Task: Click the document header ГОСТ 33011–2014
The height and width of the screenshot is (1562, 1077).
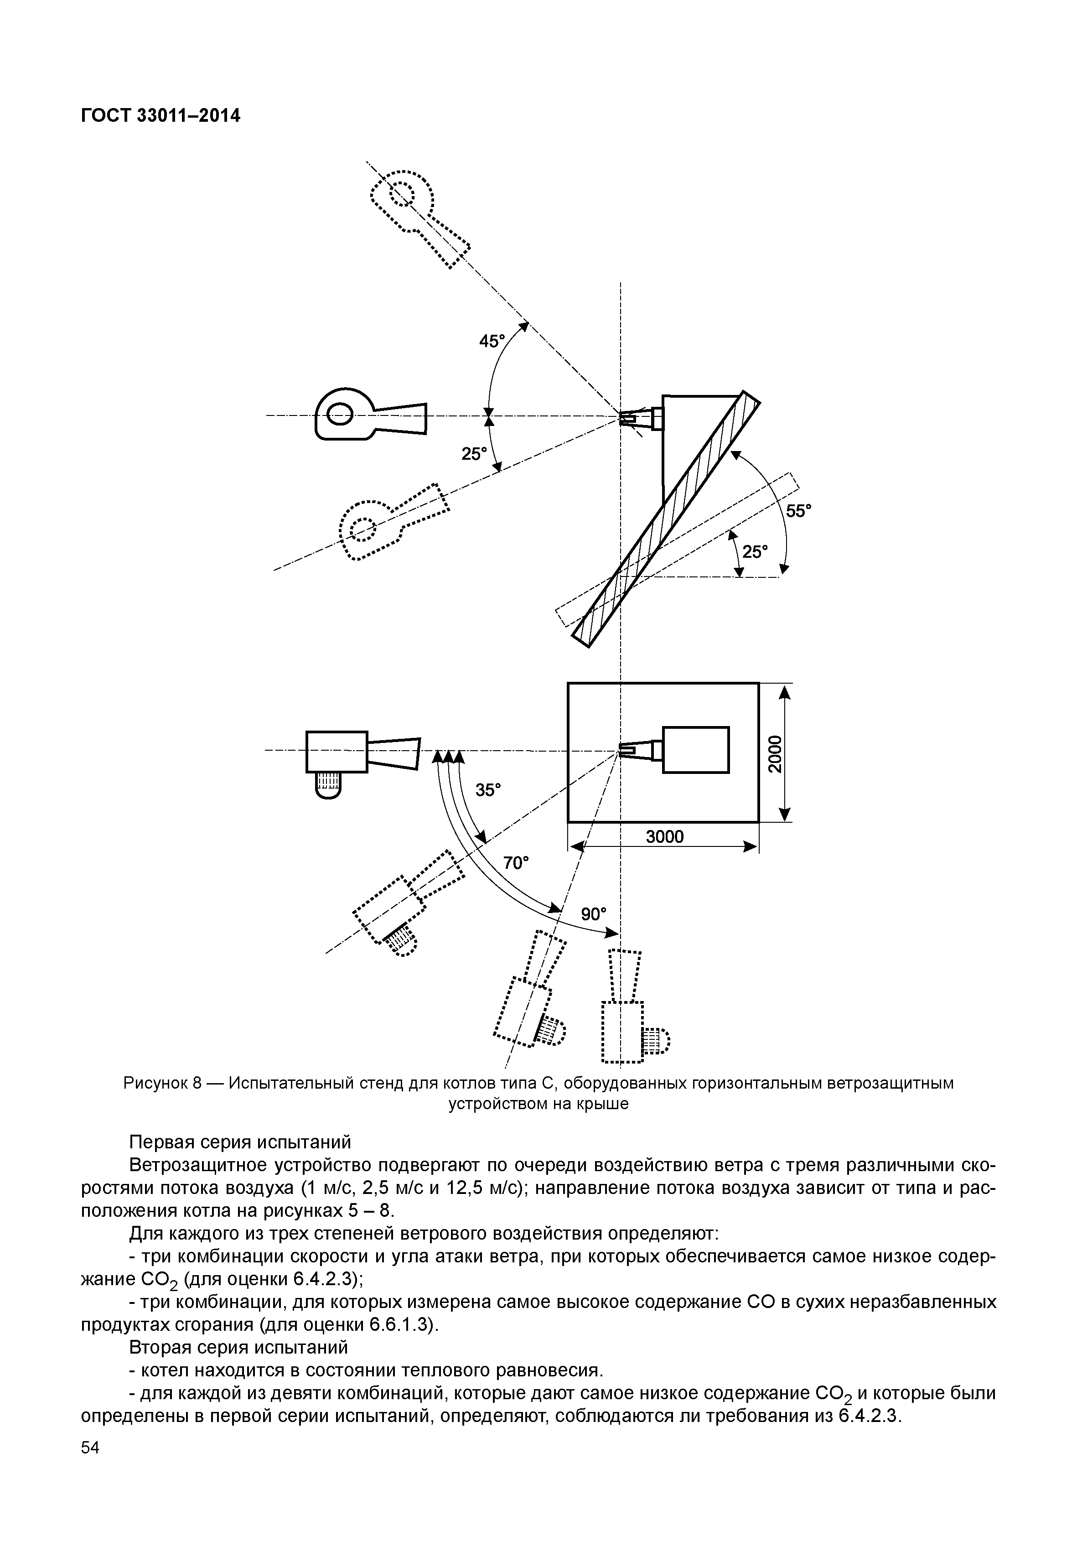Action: [160, 117]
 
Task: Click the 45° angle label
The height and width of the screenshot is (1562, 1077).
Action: [492, 342]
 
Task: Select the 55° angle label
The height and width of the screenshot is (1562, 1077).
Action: [798, 511]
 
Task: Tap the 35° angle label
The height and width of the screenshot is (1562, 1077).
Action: [488, 790]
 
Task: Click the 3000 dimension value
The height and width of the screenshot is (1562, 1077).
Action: [665, 837]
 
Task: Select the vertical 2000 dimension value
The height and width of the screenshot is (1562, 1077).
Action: [776, 752]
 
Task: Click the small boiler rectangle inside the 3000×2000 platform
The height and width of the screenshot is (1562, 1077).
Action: [696, 749]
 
